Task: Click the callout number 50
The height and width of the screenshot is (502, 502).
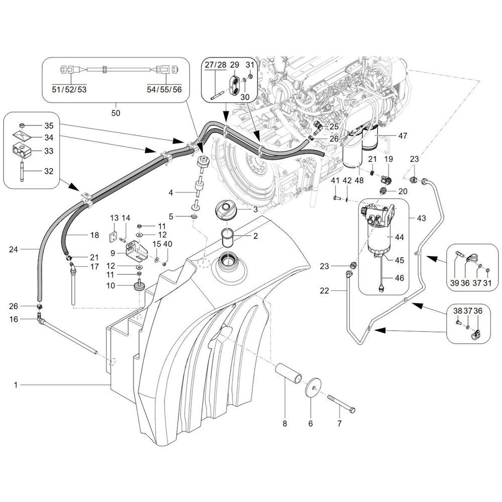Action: [x=115, y=113]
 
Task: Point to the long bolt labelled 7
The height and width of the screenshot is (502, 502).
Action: [x=341, y=403]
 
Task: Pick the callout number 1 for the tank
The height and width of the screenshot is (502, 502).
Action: [x=16, y=385]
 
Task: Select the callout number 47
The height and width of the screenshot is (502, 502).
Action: [x=403, y=136]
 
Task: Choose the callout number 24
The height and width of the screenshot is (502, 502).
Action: [x=16, y=248]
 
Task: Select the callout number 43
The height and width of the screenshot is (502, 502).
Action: [x=421, y=218]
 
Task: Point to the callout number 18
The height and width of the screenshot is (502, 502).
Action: [x=94, y=235]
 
